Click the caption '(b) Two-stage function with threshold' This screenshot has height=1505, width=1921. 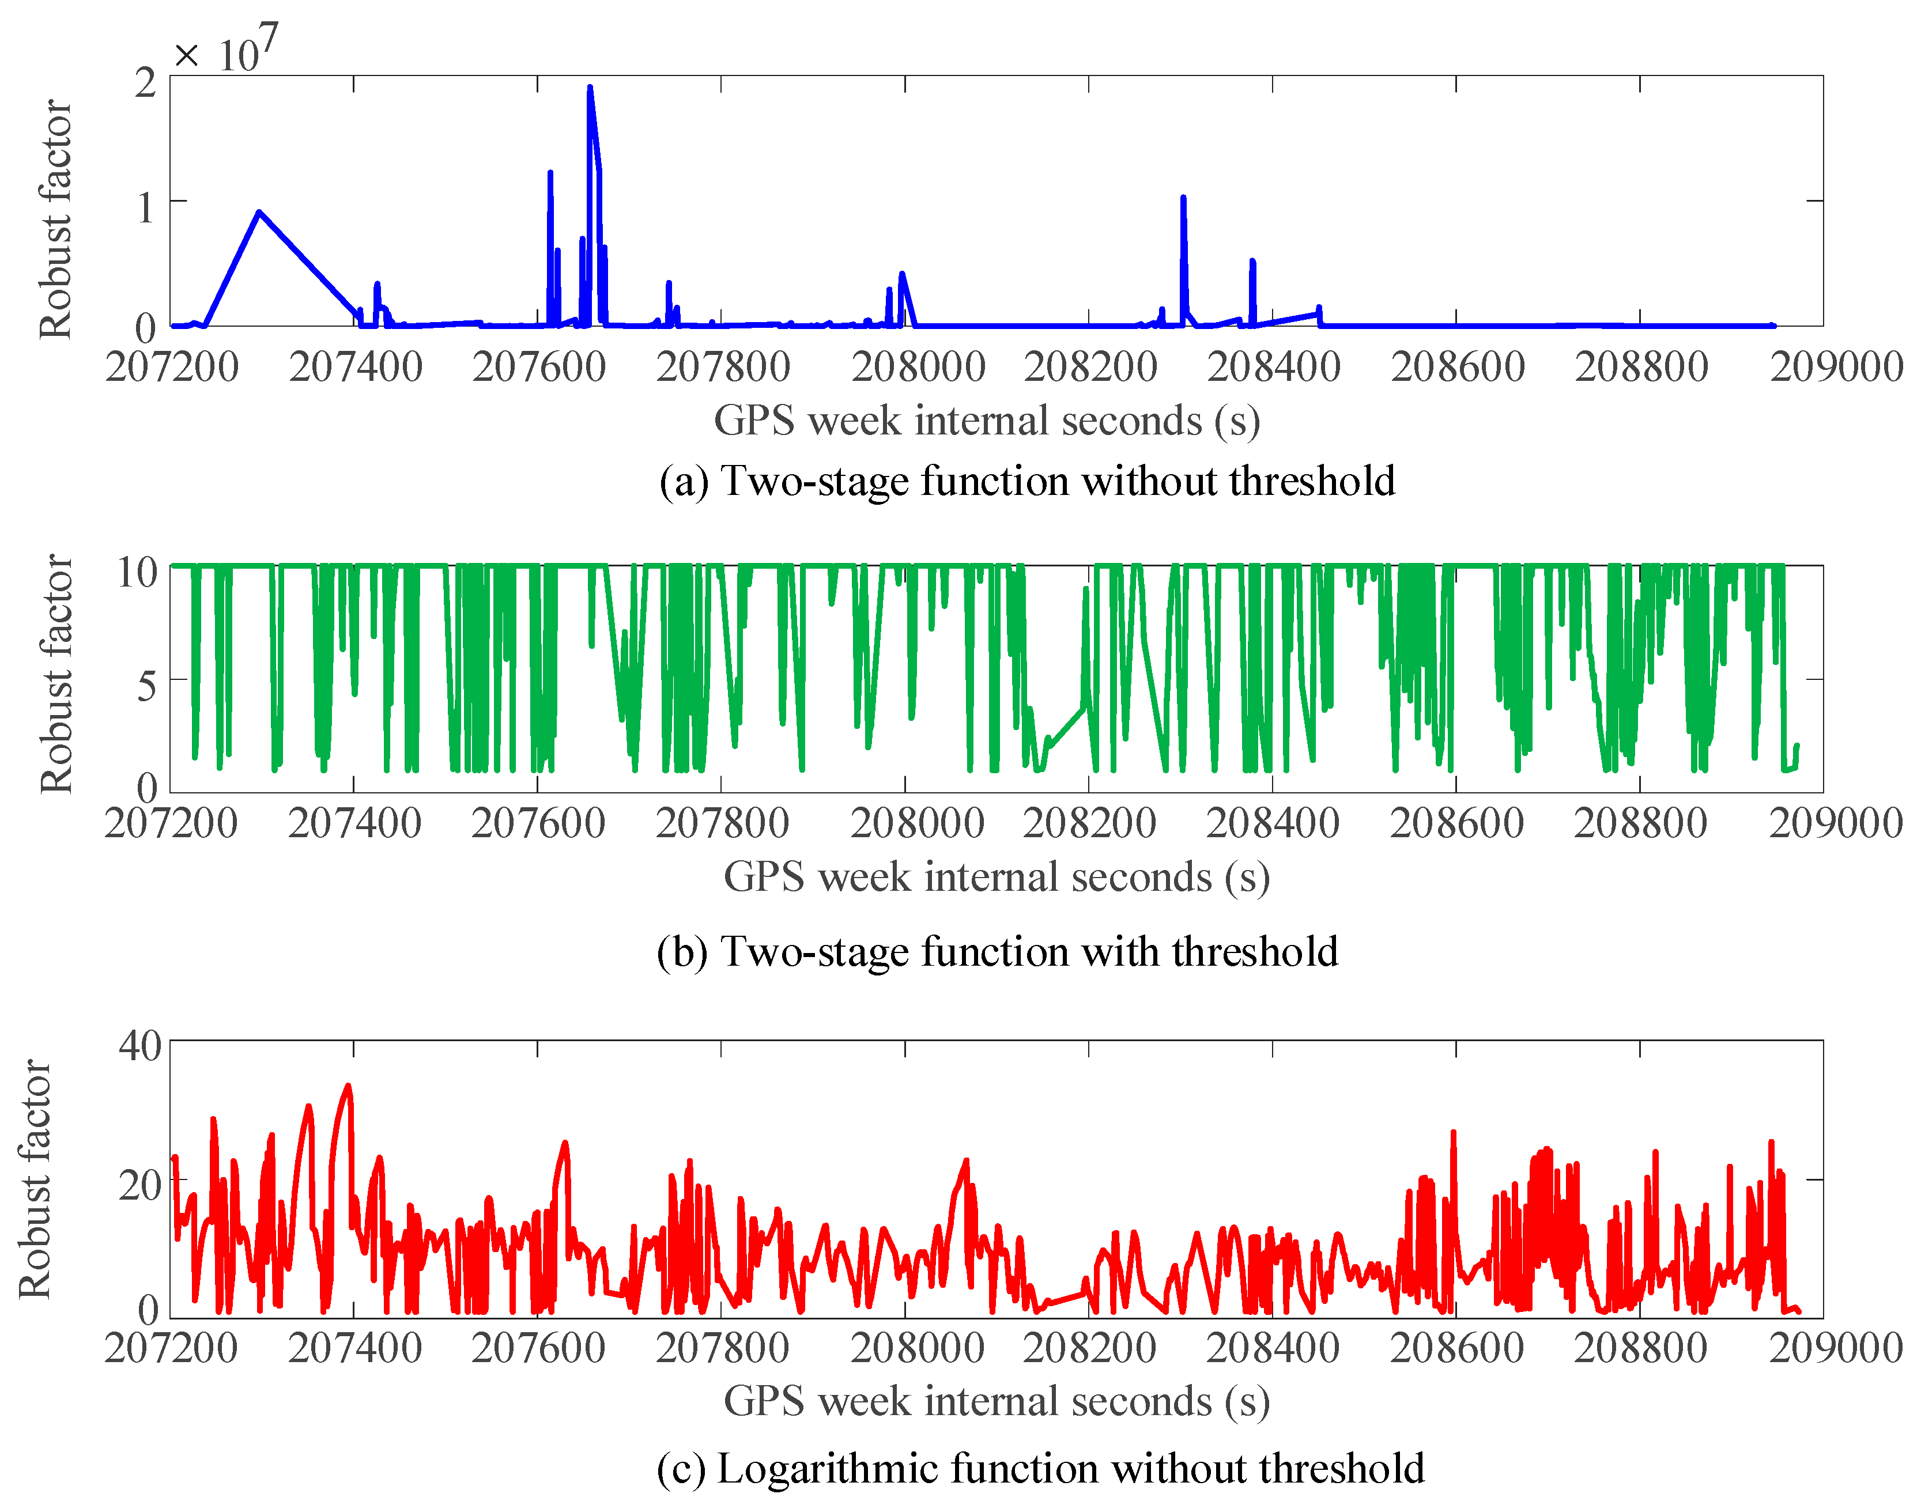(998, 952)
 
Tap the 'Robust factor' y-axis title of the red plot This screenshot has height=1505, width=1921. (35, 1178)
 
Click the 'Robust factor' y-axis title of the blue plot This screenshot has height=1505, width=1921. (55, 218)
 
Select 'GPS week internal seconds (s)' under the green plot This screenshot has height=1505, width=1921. (997, 877)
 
